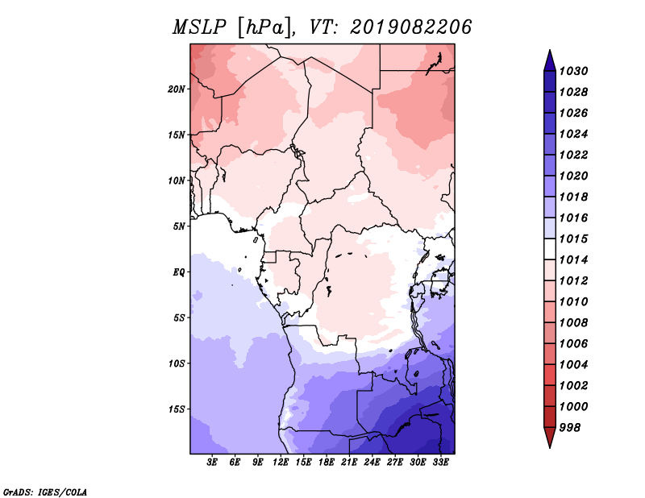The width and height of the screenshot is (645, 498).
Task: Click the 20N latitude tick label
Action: coord(176,89)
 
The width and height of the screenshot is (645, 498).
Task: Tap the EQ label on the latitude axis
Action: coord(178,272)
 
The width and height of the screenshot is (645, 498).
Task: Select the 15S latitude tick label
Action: coord(176,409)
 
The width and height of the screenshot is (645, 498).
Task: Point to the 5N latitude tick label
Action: coord(178,226)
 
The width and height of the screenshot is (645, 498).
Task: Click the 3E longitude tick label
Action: coord(212,463)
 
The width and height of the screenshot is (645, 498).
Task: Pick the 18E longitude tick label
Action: coord(327,463)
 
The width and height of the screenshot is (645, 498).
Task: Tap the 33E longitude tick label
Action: coord(440,463)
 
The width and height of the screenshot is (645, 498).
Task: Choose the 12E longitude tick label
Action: coord(281,463)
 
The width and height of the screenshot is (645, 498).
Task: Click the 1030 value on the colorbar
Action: coord(573,71)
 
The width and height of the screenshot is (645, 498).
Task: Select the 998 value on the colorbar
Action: coord(570,428)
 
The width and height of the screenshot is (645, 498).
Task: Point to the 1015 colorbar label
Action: coord(573,239)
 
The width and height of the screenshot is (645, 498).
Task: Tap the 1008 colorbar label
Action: coord(573,323)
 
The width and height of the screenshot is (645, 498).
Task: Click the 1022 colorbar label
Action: coord(573,155)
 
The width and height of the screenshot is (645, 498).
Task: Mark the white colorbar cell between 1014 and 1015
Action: coord(550,249)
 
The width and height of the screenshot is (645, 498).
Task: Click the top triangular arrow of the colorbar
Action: coord(550,60)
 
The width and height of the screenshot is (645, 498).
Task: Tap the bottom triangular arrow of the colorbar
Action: coord(550,438)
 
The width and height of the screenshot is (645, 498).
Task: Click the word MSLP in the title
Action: coord(199,27)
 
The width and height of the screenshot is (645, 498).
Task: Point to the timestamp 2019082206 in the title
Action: coord(411,27)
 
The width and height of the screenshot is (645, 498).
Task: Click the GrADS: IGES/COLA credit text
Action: coord(45,492)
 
